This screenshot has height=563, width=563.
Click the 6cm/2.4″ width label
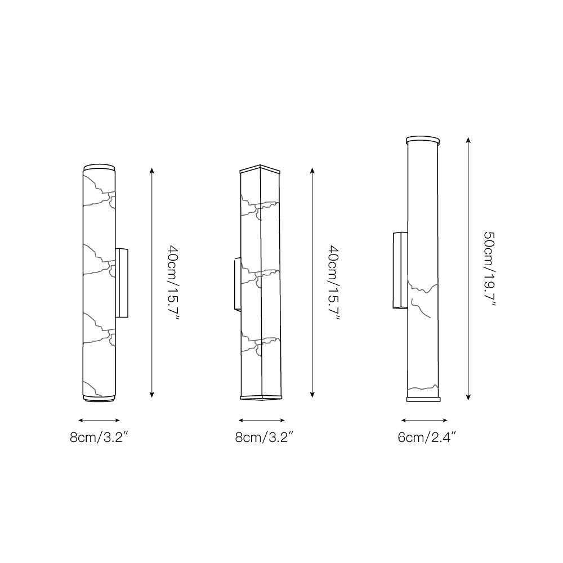(427, 437)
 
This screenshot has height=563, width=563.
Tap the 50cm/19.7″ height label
(489, 269)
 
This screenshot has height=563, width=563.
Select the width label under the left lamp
(99, 437)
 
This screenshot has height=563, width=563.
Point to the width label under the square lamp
(264, 437)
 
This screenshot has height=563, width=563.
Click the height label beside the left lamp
(173, 282)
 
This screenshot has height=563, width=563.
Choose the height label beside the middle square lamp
(334, 282)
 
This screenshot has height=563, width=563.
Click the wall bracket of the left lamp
(122, 283)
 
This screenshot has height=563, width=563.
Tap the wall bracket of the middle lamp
(238, 284)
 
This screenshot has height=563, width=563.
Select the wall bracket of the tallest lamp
(400, 270)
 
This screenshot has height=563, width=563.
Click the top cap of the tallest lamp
(423, 140)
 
